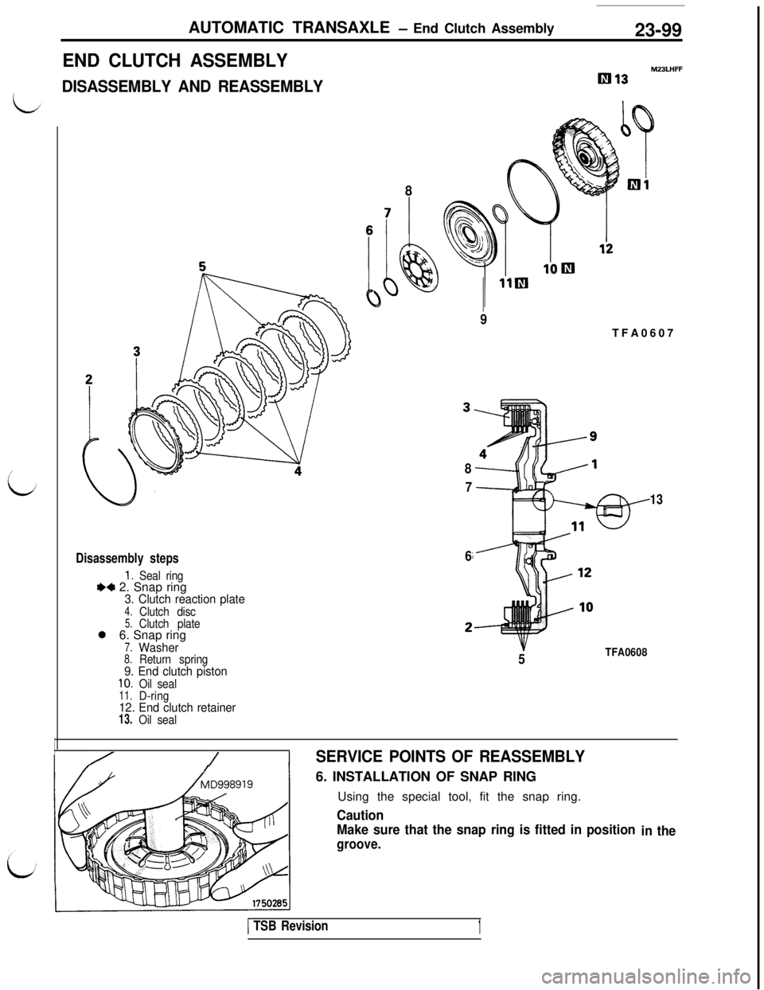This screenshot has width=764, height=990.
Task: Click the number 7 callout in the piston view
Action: click(x=388, y=212)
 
